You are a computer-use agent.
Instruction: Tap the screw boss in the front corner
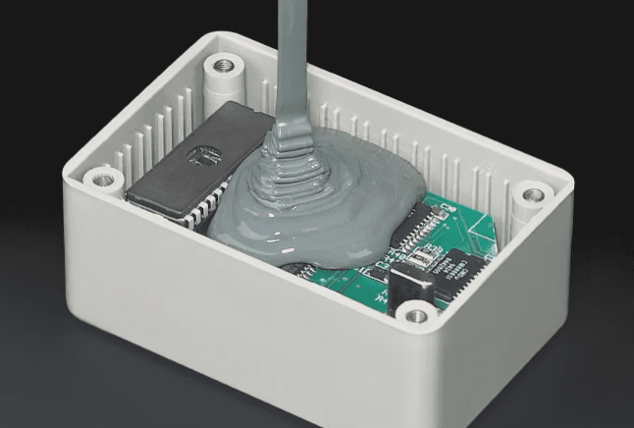pos(417,315)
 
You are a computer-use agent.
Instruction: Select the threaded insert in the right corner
pos(532,193)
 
